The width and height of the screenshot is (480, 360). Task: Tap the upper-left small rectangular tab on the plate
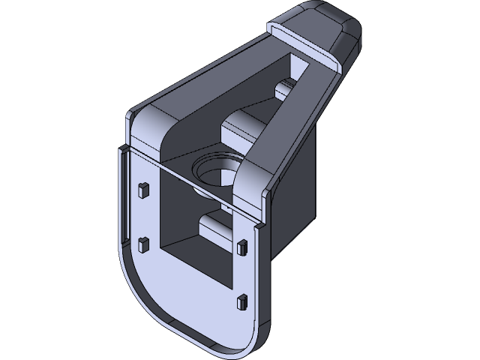click(142, 189)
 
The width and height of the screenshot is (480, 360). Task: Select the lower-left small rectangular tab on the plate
click(142, 242)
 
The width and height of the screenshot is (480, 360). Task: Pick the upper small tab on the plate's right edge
click(241, 247)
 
